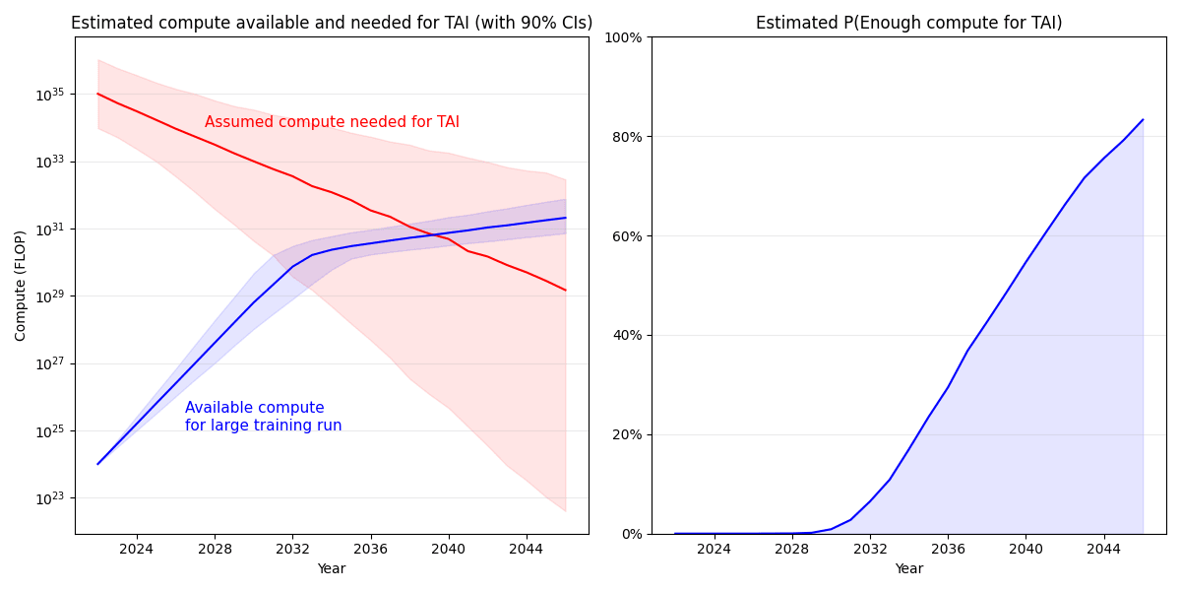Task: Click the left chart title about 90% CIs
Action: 332,23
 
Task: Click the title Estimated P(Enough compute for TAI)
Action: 908,23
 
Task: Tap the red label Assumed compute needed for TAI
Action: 332,122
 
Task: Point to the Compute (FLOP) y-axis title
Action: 21,286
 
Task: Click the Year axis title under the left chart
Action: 332,568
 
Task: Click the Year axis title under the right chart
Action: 908,568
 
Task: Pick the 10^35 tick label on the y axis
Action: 50,95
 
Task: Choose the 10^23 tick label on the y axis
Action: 50,498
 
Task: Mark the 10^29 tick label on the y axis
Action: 50,296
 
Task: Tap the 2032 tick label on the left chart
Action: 292,548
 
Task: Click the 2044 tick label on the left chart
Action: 527,548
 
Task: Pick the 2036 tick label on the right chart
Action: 948,548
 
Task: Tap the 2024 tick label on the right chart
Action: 714,548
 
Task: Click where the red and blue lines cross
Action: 436,234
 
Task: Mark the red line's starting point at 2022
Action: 97,94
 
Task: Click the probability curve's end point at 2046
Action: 1143,120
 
